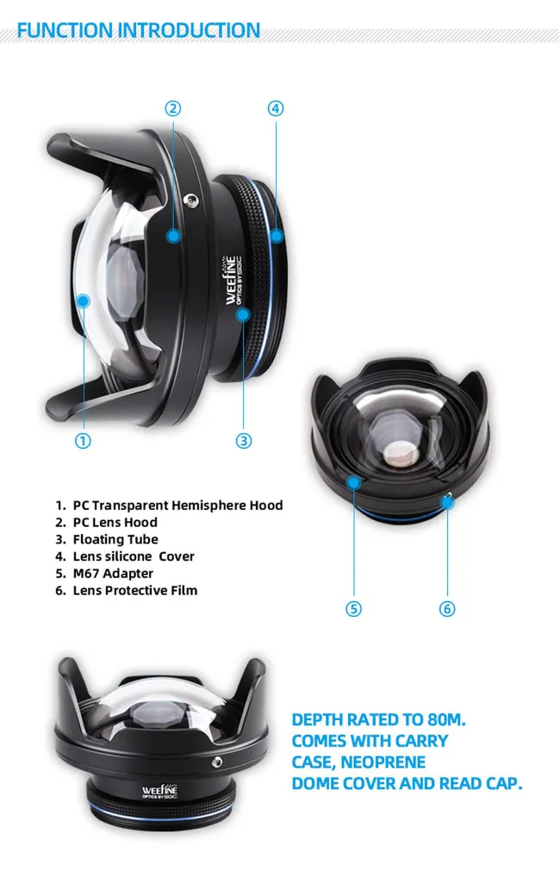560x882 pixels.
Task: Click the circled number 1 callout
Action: coord(83,440)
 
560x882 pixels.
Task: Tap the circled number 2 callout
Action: coord(173,108)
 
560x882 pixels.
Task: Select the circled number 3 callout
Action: coord(243,440)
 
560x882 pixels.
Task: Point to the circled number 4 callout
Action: coord(275,108)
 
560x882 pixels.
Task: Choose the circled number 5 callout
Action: coord(353,609)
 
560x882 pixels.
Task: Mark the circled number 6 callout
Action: coord(447,609)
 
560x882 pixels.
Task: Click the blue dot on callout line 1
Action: coord(84,301)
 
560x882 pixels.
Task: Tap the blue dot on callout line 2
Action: coord(173,236)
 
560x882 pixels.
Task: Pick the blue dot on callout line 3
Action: coord(243,314)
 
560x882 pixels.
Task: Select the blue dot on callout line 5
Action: coord(354,482)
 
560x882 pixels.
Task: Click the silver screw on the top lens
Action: coord(191,200)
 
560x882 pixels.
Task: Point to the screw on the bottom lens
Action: coord(216,762)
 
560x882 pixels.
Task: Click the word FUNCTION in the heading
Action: coord(65,30)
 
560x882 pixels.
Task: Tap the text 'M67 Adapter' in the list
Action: coord(113,573)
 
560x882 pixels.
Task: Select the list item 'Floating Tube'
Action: coord(115,539)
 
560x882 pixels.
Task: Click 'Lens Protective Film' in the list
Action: coord(135,590)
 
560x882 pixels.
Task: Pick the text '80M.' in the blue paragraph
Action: coord(446,719)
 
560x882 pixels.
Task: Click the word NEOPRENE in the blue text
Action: coord(383,762)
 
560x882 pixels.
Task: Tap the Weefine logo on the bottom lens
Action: coord(160,792)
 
